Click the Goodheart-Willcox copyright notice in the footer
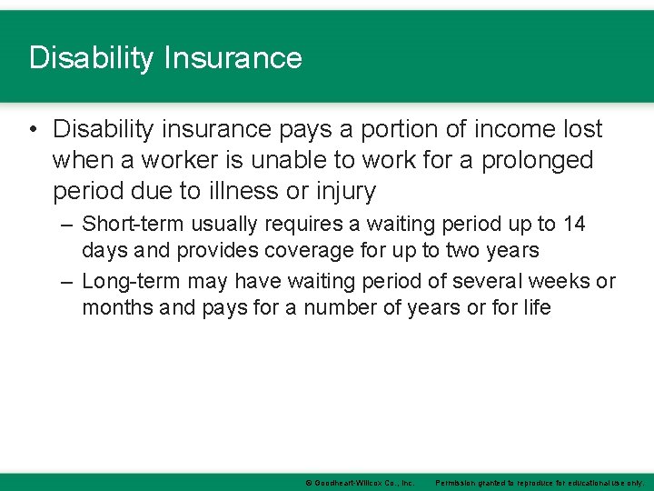[x=360, y=483]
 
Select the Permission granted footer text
[x=540, y=483]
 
